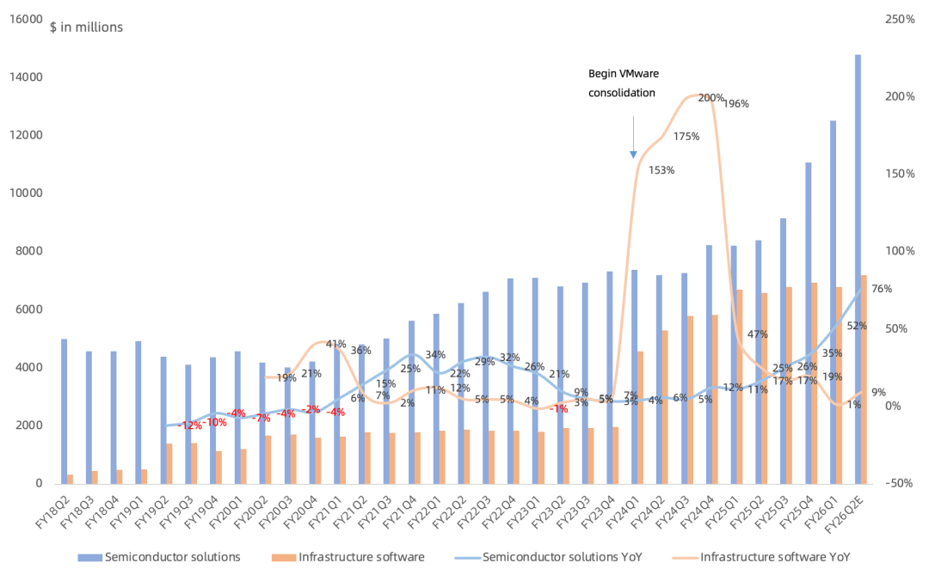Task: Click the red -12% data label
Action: tap(190, 425)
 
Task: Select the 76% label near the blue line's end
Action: tap(882, 289)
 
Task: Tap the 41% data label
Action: tap(335, 345)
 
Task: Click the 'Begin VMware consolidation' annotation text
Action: tap(623, 83)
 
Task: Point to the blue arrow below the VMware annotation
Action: tap(633, 138)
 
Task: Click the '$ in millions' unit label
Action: tap(86, 28)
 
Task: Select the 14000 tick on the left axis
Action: tap(27, 77)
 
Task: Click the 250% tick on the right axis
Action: tap(901, 19)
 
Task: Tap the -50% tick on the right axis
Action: tap(901, 484)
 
